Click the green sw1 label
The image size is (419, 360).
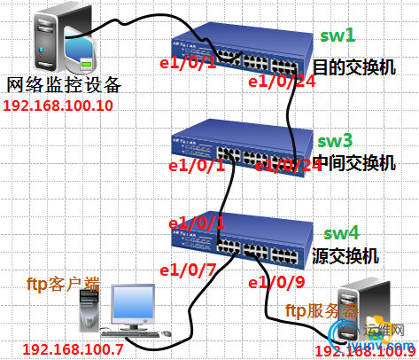[x=338, y=36]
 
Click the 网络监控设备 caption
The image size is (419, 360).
[x=63, y=86]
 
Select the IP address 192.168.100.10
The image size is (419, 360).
[x=59, y=106]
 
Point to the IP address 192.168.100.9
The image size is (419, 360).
[x=366, y=351]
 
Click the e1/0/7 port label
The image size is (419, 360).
[x=183, y=270]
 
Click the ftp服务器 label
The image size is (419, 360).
[x=321, y=311]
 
